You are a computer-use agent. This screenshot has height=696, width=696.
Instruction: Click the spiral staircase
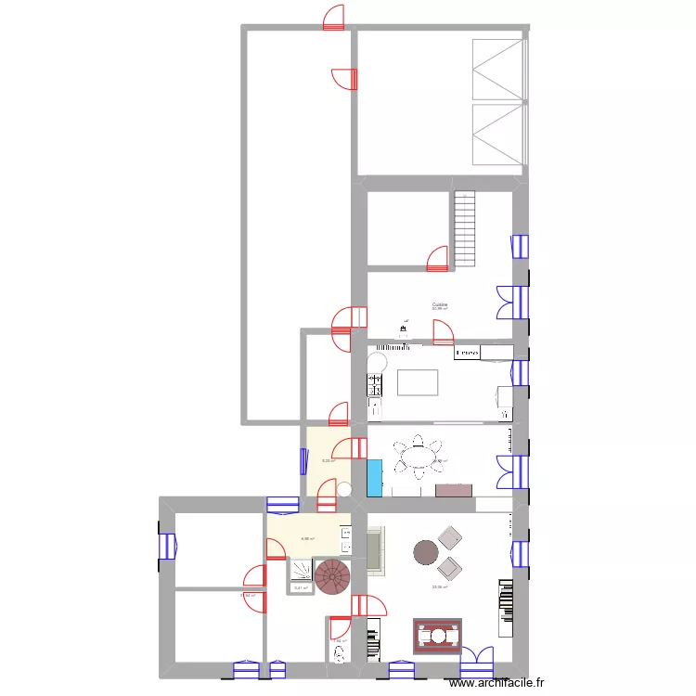coord(333,575)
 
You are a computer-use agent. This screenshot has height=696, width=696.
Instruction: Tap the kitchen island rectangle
coord(418,382)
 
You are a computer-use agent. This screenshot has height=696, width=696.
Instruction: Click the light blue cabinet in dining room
coord(375,477)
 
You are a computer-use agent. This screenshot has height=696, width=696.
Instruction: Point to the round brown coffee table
coord(426,553)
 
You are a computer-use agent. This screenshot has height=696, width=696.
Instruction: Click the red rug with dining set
coord(436,636)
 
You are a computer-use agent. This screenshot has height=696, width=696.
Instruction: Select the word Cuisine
coord(440,303)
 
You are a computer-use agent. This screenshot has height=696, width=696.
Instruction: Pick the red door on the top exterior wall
coord(334,19)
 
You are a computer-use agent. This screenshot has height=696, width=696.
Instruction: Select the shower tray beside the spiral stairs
coord(302,569)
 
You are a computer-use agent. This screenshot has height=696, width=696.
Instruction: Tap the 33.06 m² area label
coord(440,586)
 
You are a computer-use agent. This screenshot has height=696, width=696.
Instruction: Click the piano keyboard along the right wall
coord(506,608)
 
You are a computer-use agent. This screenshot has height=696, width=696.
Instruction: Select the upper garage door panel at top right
coord(498,69)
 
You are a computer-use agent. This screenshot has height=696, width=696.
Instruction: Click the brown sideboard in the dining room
coord(454,488)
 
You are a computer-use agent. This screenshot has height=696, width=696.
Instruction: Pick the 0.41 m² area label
coord(301,587)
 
